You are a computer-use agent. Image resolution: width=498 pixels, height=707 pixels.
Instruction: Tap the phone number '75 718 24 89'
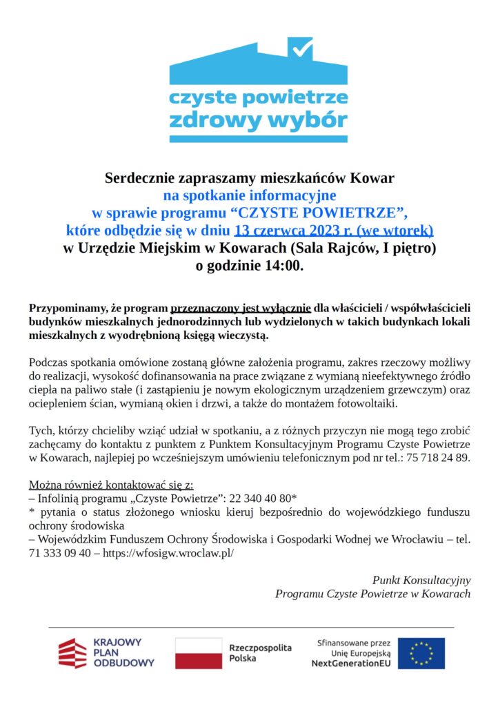pyautogui.click(x=438, y=458)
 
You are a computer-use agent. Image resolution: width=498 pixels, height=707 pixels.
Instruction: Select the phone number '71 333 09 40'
pyautogui.click(x=59, y=553)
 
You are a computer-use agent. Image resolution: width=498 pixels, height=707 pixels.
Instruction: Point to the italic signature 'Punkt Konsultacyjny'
pyautogui.click(x=421, y=579)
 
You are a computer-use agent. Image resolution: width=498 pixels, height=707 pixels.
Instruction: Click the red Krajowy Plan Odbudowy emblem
pyautogui.click(x=72, y=653)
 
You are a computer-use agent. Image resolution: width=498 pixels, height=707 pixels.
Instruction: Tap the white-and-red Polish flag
pyautogui.click(x=199, y=653)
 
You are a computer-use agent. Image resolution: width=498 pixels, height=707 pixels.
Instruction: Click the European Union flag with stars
pyautogui.click(x=421, y=653)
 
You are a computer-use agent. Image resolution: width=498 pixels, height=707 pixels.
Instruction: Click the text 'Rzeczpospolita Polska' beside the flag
pyautogui.click(x=260, y=653)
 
